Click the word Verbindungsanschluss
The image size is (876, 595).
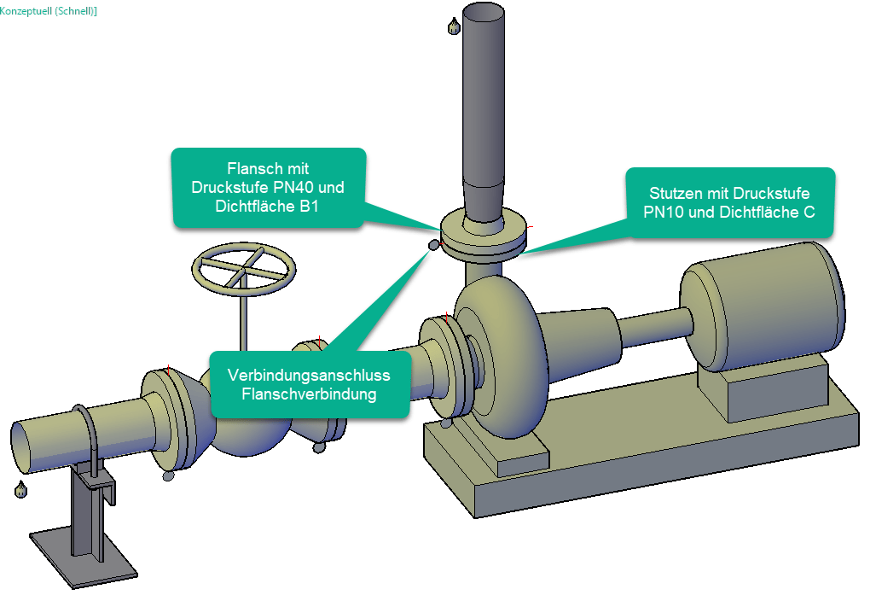point(310,376)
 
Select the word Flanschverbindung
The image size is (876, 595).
point(310,394)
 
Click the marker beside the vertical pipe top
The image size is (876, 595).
point(454,26)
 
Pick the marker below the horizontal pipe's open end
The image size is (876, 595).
point(20,490)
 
